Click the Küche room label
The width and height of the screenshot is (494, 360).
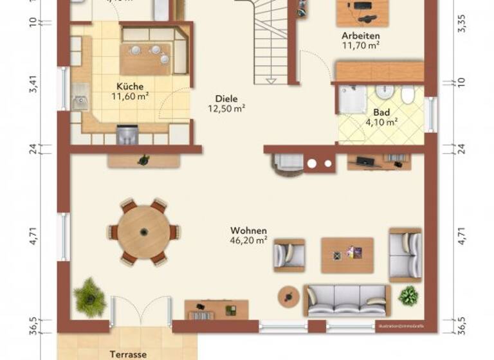[x=130, y=86]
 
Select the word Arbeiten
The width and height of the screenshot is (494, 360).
[x=360, y=36]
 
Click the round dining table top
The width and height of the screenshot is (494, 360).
[x=143, y=232]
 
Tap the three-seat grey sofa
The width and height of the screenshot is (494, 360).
[x=347, y=300]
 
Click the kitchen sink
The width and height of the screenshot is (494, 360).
[x=80, y=102]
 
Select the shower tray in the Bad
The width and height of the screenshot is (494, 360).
[x=352, y=101]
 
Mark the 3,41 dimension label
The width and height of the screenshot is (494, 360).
[x=34, y=85]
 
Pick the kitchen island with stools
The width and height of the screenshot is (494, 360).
[x=146, y=59]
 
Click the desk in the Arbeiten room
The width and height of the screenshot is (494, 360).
[x=363, y=11]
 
